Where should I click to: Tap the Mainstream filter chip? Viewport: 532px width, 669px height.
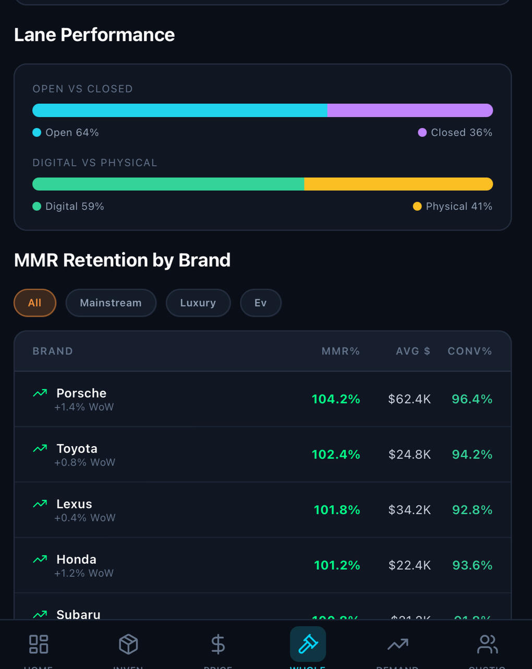pyautogui.click(x=111, y=303)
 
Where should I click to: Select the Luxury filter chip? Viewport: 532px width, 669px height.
pyautogui.click(x=198, y=303)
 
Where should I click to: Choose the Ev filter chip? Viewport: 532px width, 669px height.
pyautogui.click(x=260, y=303)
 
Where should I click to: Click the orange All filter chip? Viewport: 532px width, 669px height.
pyautogui.click(x=35, y=303)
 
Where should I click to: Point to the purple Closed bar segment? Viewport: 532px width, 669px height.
pyautogui.click(x=410, y=110)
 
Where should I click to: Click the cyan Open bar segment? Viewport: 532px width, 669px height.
pyautogui.click(x=180, y=110)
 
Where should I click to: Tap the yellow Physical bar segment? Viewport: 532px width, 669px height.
pyautogui.click(x=398, y=184)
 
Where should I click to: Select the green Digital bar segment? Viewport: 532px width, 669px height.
pyautogui.click(x=168, y=184)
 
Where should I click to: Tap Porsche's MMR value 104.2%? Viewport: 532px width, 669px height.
pyautogui.click(x=336, y=399)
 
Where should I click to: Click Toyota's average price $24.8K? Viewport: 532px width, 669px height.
pyautogui.click(x=409, y=455)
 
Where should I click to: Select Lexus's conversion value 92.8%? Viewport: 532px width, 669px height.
pyautogui.click(x=472, y=510)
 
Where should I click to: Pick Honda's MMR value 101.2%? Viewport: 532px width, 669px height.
pyautogui.click(x=337, y=565)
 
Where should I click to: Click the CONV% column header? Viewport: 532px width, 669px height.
pyautogui.click(x=469, y=351)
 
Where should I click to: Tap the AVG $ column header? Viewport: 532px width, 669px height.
pyautogui.click(x=413, y=351)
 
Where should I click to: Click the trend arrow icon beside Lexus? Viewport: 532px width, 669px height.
pyautogui.click(x=40, y=504)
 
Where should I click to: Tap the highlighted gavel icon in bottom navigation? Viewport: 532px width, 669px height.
pyautogui.click(x=308, y=644)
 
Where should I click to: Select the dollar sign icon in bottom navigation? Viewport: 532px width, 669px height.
pyautogui.click(x=218, y=644)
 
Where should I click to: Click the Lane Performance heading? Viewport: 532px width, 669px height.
pyautogui.click(x=94, y=35)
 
